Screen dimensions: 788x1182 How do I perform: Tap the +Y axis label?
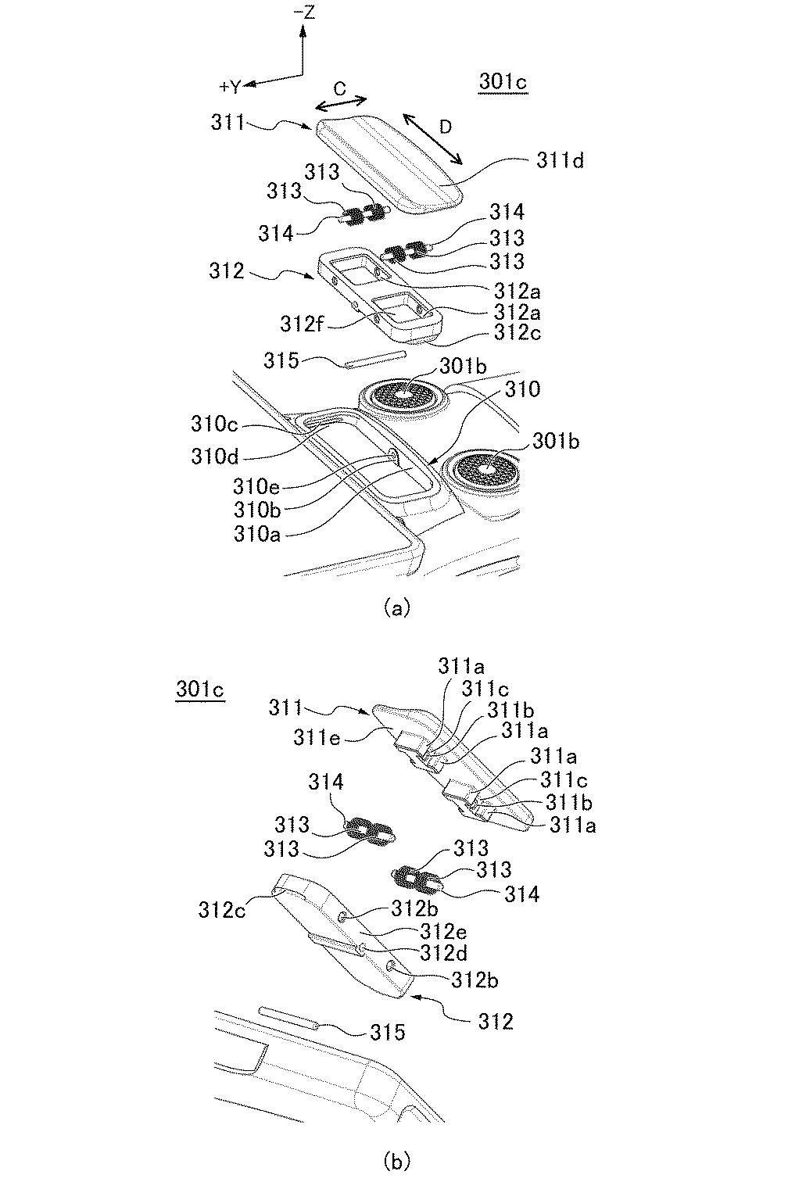231,87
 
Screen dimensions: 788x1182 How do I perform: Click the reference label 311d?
560,160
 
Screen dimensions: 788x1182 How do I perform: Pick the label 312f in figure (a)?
302,324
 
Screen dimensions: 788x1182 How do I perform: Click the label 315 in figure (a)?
281,360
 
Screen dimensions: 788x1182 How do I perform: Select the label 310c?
214,424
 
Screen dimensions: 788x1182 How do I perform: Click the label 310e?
256,486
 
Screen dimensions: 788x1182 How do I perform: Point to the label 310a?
256,535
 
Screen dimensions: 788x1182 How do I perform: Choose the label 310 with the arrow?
522,389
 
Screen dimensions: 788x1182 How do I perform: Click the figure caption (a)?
397,608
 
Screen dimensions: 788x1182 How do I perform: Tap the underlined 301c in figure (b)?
199,690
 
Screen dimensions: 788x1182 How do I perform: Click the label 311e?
317,737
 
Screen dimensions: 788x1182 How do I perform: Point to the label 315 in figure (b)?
388,1032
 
